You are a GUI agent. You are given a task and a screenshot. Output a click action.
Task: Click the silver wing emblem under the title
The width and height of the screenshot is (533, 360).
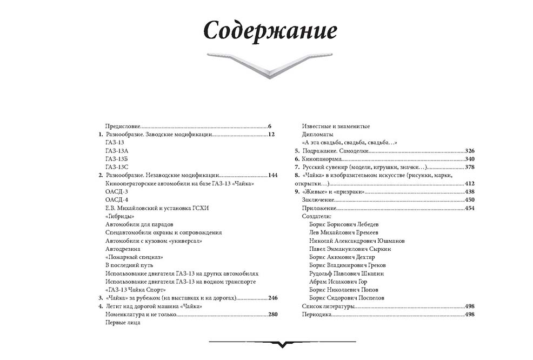point(270,64)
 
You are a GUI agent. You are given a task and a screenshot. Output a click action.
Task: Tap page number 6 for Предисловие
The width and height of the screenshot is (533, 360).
point(269,126)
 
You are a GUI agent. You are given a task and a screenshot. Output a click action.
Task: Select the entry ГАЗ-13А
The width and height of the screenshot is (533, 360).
point(117,151)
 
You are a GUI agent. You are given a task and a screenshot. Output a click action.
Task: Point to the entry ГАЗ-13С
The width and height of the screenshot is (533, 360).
point(117,167)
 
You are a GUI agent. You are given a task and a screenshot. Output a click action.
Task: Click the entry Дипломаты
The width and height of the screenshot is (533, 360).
point(317,134)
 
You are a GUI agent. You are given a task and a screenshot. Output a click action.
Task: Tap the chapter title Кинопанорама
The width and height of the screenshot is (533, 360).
point(322,159)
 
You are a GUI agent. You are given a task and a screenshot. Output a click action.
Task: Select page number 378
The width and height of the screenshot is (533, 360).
point(469,167)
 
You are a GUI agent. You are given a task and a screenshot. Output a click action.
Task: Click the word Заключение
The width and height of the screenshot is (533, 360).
point(318,200)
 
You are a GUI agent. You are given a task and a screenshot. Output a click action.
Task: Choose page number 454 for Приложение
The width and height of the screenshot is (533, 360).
point(469,208)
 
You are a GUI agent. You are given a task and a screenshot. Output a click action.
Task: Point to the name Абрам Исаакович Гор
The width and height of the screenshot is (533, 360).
point(338,282)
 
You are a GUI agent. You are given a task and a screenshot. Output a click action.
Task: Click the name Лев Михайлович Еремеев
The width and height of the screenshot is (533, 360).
point(344,232)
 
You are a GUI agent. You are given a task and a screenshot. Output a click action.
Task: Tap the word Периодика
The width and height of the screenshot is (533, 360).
point(316,315)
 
